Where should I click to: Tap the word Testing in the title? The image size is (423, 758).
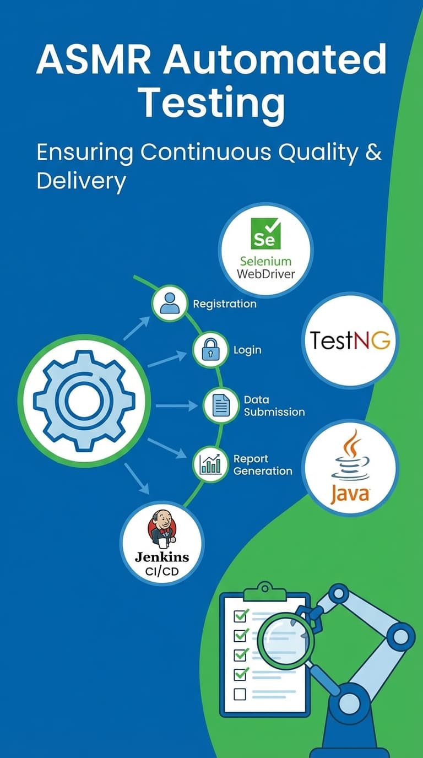[x=211, y=103]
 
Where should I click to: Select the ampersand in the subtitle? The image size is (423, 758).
[x=373, y=152]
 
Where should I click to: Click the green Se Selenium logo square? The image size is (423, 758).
[x=265, y=234]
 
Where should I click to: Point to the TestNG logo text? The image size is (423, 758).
[x=350, y=340]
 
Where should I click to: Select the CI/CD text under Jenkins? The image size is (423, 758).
[x=162, y=571]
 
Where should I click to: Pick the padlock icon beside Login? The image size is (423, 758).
[x=210, y=350]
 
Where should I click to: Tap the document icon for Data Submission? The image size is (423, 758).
[x=221, y=405]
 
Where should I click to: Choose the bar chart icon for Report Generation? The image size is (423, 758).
[x=210, y=464]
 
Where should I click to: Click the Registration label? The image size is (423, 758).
[x=224, y=304]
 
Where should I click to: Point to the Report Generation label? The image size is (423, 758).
[x=262, y=465]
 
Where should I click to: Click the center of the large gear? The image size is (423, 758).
[x=84, y=400]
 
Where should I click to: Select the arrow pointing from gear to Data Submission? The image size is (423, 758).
[x=176, y=406]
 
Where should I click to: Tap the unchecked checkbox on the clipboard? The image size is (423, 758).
[x=240, y=694]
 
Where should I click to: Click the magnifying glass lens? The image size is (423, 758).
[x=285, y=642]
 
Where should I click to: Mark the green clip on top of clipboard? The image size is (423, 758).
[x=264, y=592]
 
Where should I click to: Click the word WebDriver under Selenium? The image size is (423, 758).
[x=266, y=274]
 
